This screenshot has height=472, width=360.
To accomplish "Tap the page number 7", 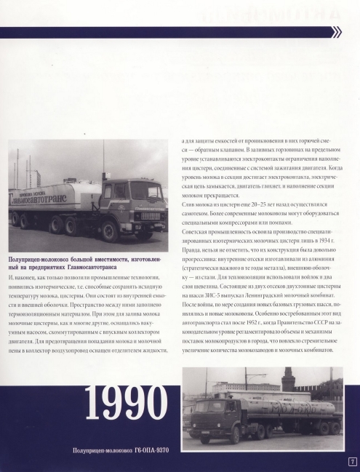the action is pos(352,461).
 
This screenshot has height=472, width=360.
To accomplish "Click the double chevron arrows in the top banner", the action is pos(336,32).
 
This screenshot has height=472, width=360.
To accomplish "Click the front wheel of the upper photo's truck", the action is pos(111,233).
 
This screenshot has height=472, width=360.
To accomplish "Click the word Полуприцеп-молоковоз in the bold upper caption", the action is pos(41,260).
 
